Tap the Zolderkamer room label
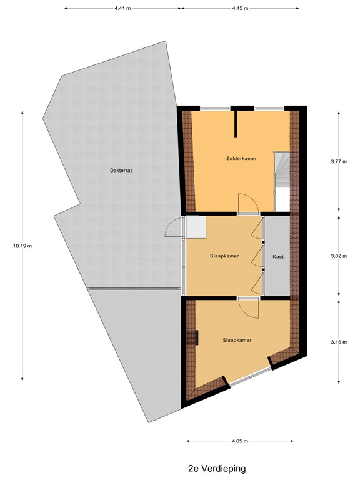[x=242, y=158]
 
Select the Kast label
[x=278, y=257]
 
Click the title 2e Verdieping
[x=217, y=467]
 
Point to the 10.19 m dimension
[x=22, y=246]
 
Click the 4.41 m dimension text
[x=123, y=9]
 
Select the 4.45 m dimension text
[x=240, y=9]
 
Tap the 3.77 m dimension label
[x=339, y=161]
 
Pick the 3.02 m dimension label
[x=339, y=256]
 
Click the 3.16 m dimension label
[x=339, y=341]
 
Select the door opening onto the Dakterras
[x=174, y=230]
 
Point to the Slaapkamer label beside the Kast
[x=224, y=256]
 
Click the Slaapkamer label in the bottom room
[x=237, y=340]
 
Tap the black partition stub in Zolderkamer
[x=236, y=123]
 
